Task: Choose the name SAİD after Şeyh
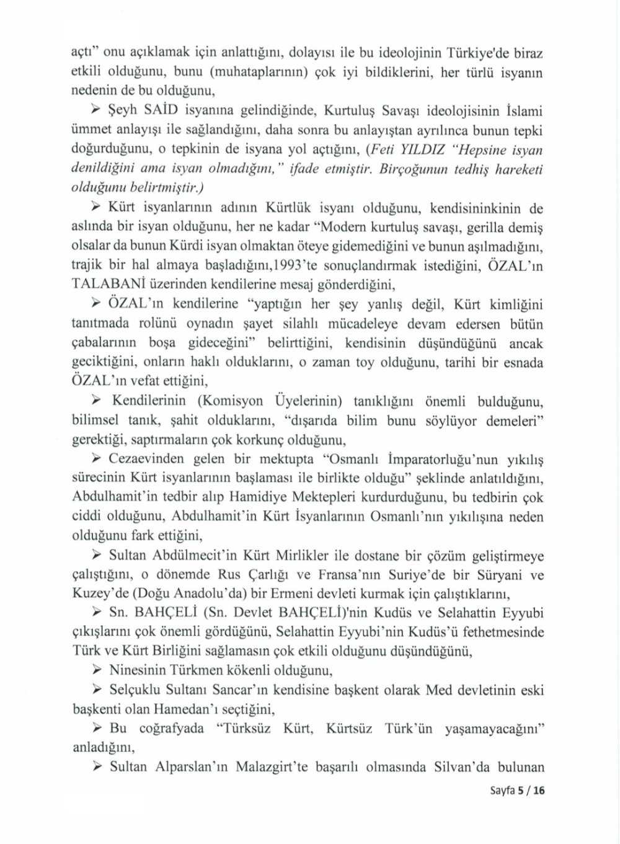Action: pos(156,112)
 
